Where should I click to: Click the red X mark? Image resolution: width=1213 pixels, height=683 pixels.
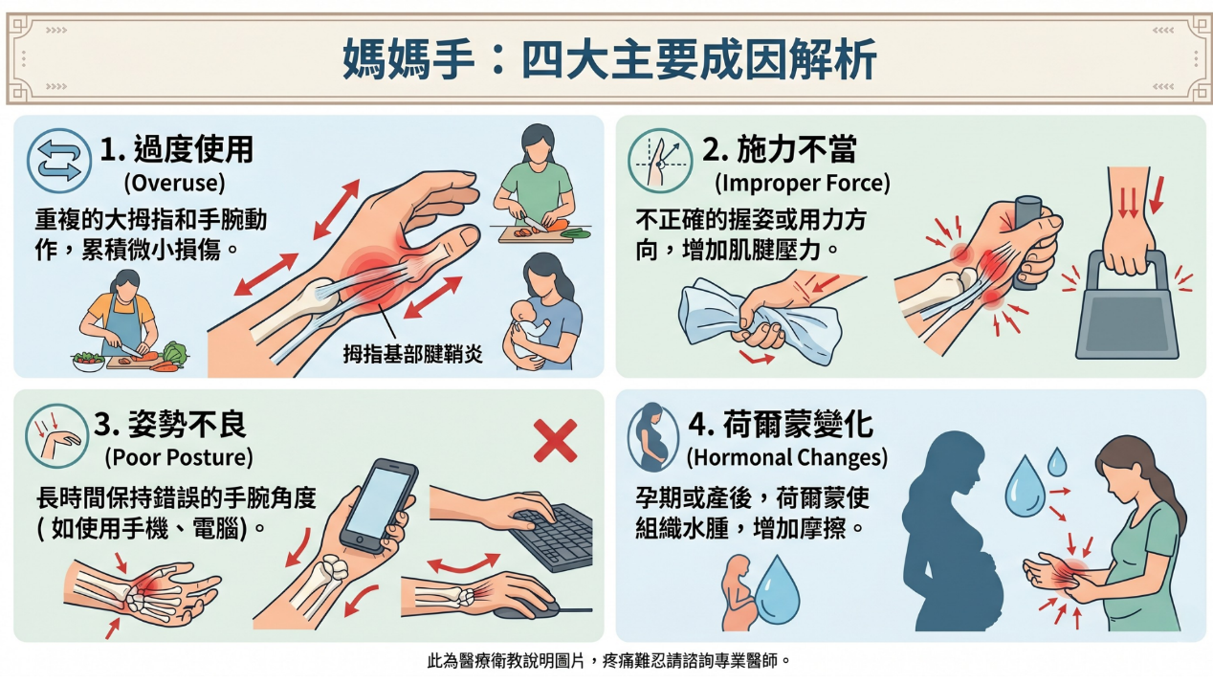tap(555, 441)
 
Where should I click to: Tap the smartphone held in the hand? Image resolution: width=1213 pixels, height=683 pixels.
tap(379, 505)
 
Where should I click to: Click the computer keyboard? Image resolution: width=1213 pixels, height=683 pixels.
tap(552, 537)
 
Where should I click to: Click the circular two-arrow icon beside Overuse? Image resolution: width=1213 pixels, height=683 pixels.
tap(59, 161)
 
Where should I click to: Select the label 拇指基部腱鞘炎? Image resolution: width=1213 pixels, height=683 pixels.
tap(412, 354)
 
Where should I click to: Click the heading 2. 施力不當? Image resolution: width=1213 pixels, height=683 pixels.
tap(780, 149)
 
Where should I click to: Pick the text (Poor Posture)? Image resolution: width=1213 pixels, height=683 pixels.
tap(179, 457)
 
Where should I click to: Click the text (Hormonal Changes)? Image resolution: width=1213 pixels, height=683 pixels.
tap(787, 457)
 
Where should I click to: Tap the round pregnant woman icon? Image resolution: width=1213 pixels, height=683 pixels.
tap(653, 436)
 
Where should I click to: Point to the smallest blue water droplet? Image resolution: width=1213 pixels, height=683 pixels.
tap(1057, 462)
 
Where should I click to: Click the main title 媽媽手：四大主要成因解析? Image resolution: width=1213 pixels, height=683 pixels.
tap(609, 59)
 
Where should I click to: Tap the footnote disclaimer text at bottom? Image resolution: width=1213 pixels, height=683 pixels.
tap(609, 661)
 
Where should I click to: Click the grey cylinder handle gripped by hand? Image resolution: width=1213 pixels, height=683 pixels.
tap(1026, 241)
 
